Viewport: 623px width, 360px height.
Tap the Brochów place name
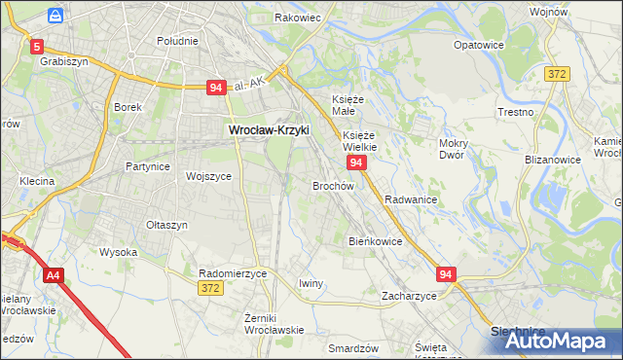332,185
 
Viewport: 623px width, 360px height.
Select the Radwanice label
410,198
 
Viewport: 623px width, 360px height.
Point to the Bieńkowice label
376,240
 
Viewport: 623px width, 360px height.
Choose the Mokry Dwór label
454,149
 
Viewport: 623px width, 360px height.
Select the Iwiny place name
311,283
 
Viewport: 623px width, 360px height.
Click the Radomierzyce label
233,273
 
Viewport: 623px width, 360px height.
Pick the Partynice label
148,166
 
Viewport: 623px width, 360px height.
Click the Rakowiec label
298,18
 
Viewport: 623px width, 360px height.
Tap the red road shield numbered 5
37,46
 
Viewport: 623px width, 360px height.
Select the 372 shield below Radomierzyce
209,288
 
